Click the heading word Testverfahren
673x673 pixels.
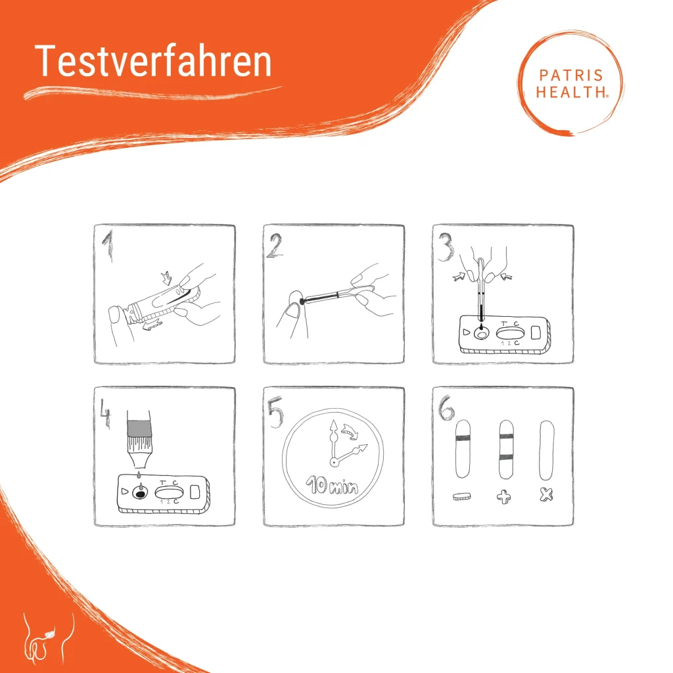point(153,62)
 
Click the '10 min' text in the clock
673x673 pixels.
point(333,487)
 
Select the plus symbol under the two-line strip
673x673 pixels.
point(504,498)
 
